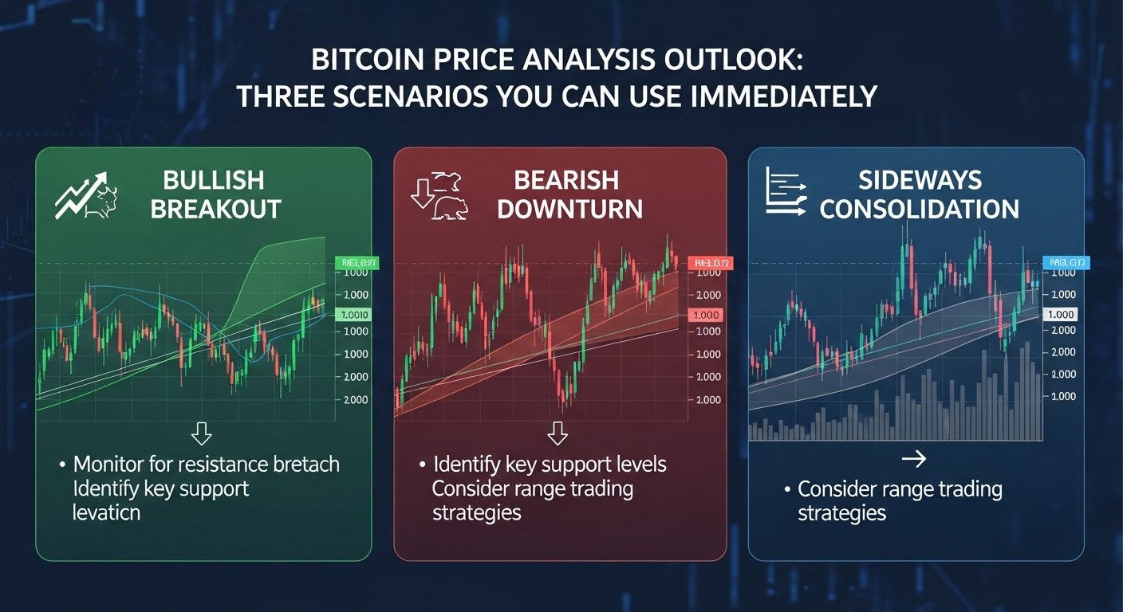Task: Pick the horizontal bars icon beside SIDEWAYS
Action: coord(786,191)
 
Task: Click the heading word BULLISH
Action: coord(215,179)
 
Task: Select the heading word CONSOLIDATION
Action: coord(919,209)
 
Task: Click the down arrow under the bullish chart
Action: coord(203,433)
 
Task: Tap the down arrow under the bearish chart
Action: coord(558,433)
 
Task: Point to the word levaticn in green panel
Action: coord(106,512)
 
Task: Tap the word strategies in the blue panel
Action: coord(841,512)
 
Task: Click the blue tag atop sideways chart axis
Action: coord(1066,262)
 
